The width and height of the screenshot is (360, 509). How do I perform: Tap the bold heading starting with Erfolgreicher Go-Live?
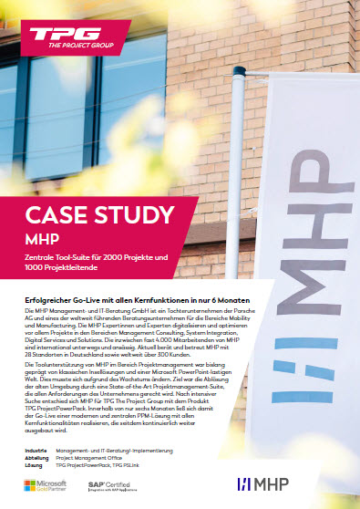pos(138,299)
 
